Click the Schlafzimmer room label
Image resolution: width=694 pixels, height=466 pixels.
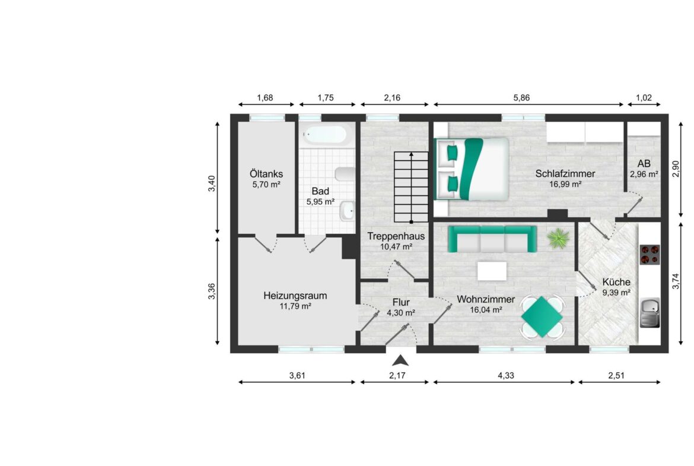point(565,174)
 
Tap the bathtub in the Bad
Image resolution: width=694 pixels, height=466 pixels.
point(324,135)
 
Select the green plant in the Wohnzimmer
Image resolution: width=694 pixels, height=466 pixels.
point(558,239)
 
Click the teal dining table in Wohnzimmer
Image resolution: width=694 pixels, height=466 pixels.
point(542,316)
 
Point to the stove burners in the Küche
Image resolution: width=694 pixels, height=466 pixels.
point(650,254)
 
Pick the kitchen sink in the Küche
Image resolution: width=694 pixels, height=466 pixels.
point(651,311)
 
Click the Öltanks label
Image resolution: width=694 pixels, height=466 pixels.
point(266,175)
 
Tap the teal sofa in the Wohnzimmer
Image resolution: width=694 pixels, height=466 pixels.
point(492,238)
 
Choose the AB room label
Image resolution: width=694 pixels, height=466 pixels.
point(644,164)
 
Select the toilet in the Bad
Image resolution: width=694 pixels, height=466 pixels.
point(345,174)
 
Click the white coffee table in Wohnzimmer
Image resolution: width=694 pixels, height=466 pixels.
point(492,271)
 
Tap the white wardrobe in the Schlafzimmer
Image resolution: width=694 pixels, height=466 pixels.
point(584,132)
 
